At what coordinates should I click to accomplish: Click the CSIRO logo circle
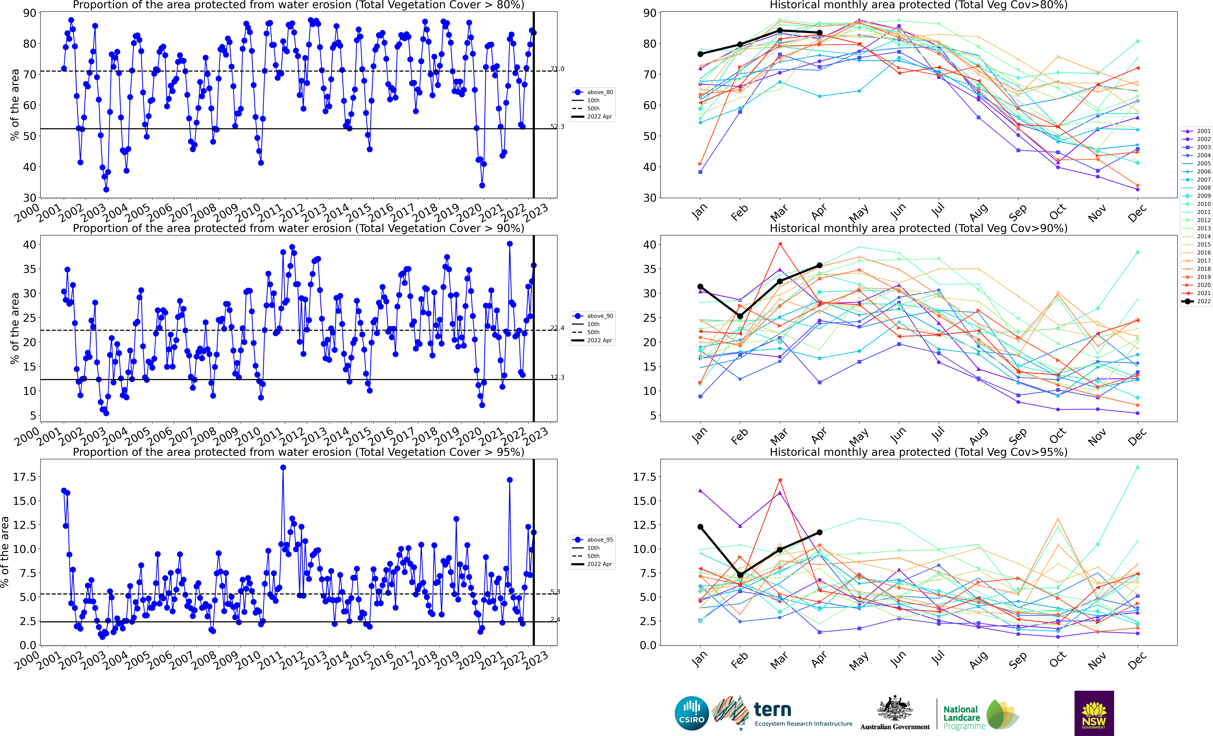[692, 713]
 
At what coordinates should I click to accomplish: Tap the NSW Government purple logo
[1094, 713]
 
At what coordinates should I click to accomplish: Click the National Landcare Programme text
[964, 718]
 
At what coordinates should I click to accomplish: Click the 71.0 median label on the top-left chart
[557, 69]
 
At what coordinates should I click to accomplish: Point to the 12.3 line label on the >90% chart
[557, 378]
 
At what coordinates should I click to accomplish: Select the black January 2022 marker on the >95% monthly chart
[701, 527]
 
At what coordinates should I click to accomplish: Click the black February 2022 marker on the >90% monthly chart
[740, 316]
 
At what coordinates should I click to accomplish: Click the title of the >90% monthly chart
[918, 228]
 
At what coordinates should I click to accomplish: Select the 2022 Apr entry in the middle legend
[599, 340]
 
